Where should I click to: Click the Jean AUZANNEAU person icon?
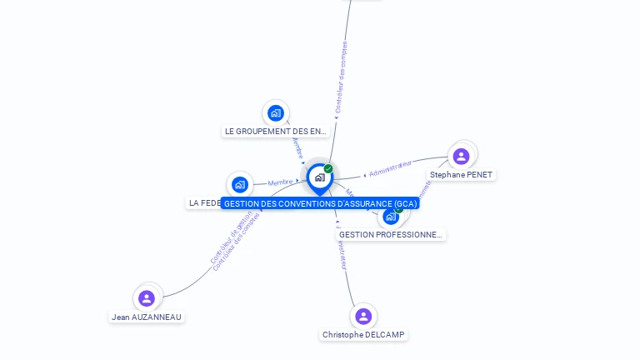pos(147,298)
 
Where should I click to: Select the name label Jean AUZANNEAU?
pos(147,317)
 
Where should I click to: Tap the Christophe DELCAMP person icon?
pos(362,317)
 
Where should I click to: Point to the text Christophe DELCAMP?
pos(363,335)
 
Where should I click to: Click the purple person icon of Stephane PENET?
pos(461,157)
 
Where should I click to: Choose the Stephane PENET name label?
pos(461,175)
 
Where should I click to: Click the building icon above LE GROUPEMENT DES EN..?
pos(276,113)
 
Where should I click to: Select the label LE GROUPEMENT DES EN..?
pos(276,132)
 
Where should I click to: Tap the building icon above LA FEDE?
pos(240,184)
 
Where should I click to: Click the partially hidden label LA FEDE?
pos(204,202)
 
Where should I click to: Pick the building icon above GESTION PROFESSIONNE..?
pos(391,217)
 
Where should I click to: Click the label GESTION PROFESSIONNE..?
pos(391,235)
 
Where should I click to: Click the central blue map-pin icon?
pos(318,177)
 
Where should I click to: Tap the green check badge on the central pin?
pos(328,169)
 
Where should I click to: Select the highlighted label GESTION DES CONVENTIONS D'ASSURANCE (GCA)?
pos(321,203)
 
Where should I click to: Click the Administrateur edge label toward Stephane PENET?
pos(390,169)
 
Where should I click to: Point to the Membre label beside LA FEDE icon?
pos(280,182)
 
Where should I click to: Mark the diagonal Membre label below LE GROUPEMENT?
pos(297,149)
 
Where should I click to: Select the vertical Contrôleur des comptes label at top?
pos(340,77)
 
